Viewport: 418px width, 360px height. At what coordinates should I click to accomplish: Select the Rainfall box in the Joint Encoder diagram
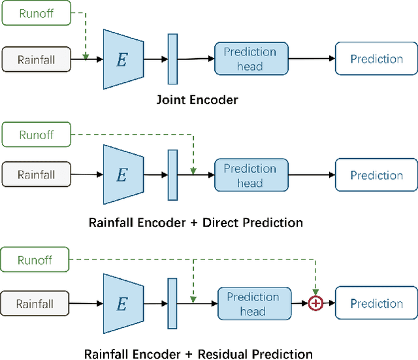[36, 59]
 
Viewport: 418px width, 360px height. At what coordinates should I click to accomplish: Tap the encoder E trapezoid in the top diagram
[123, 59]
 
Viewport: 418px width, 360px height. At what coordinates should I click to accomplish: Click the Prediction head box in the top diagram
[250, 59]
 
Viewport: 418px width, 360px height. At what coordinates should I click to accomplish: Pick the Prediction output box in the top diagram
[376, 59]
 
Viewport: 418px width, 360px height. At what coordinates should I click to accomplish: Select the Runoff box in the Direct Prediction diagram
[36, 135]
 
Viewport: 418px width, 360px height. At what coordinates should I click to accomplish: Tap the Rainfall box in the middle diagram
[36, 175]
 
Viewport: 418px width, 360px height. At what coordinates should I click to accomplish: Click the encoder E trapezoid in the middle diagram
[123, 174]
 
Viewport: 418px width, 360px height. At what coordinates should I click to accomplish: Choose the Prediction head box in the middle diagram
[250, 175]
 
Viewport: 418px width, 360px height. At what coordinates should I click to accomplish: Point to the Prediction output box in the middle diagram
[376, 175]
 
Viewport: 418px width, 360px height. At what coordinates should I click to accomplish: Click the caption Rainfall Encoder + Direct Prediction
[195, 222]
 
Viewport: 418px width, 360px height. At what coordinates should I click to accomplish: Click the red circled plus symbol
[316, 303]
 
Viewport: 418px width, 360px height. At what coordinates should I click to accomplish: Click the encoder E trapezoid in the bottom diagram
[123, 303]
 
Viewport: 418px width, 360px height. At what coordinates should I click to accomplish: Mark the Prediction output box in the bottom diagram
[376, 304]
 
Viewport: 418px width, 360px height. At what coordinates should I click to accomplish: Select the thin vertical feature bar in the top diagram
[172, 58]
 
